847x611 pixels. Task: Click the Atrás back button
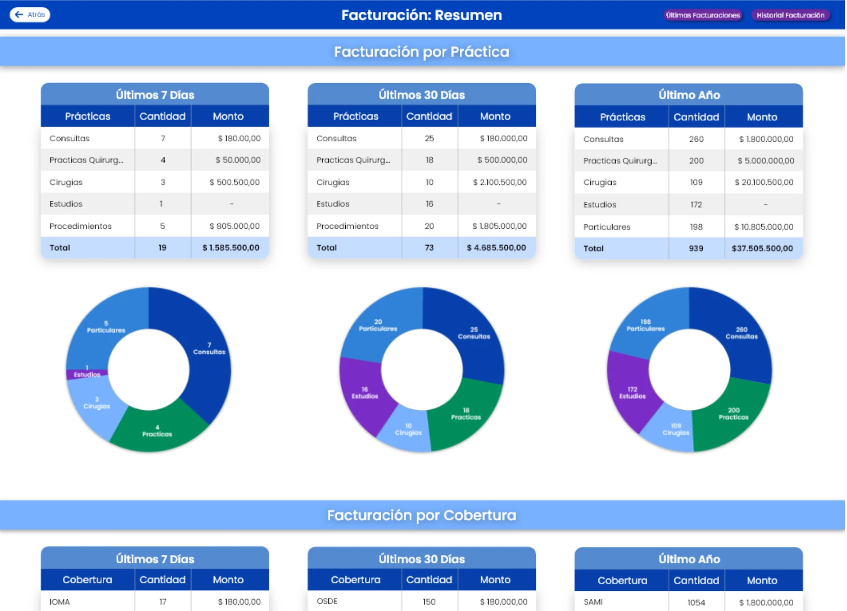[x=30, y=15]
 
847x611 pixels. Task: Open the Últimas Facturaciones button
[x=702, y=15]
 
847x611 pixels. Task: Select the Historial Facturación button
[x=790, y=15]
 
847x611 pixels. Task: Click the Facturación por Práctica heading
[x=422, y=52]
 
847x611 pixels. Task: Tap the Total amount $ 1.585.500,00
[x=230, y=248]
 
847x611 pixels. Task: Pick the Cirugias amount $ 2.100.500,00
[x=499, y=183]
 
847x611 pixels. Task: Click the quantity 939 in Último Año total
[x=695, y=248]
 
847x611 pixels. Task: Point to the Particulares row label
[x=607, y=227]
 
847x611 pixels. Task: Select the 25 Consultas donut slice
[x=474, y=334]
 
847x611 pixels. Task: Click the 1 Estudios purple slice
[x=87, y=373]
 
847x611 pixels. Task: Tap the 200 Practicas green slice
[x=733, y=414]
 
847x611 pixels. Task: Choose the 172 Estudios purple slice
[x=632, y=393]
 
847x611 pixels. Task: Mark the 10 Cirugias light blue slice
[x=408, y=429]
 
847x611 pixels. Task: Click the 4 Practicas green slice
[x=157, y=431]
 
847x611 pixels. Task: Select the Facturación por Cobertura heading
[x=422, y=515]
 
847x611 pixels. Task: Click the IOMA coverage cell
[x=60, y=602]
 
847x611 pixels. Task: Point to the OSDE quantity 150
[x=429, y=602]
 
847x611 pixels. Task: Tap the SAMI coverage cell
[x=593, y=602]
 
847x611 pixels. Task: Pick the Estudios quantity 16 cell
[x=429, y=204]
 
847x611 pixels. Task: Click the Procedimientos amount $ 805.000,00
[x=234, y=226]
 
